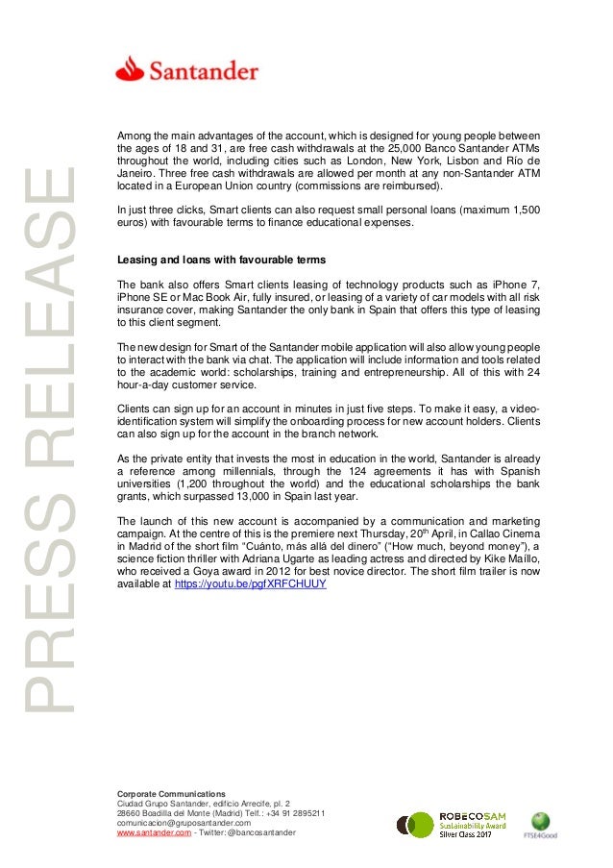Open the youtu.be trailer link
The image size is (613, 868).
click(250, 583)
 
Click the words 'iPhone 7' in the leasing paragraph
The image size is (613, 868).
click(520, 285)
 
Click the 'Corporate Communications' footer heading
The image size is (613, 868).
click(171, 793)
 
